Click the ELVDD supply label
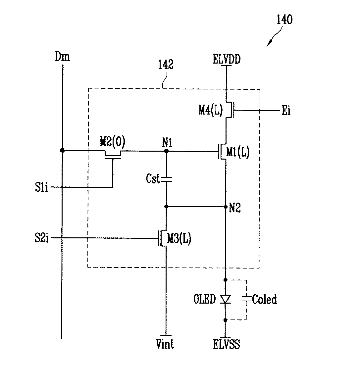coord(227,59)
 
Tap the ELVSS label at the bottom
coord(227,344)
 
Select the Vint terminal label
coord(165,344)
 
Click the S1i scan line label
coord(41,187)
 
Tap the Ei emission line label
coord(286,111)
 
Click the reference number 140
coord(284,20)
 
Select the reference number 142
coord(166,65)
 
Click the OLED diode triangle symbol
coord(225,299)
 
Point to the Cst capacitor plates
coord(166,179)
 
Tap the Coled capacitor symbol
coord(246,299)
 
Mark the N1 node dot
coord(167,151)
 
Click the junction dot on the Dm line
coord(62,150)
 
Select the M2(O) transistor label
coord(112,141)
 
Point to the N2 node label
coord(235,208)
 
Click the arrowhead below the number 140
coord(269,44)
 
